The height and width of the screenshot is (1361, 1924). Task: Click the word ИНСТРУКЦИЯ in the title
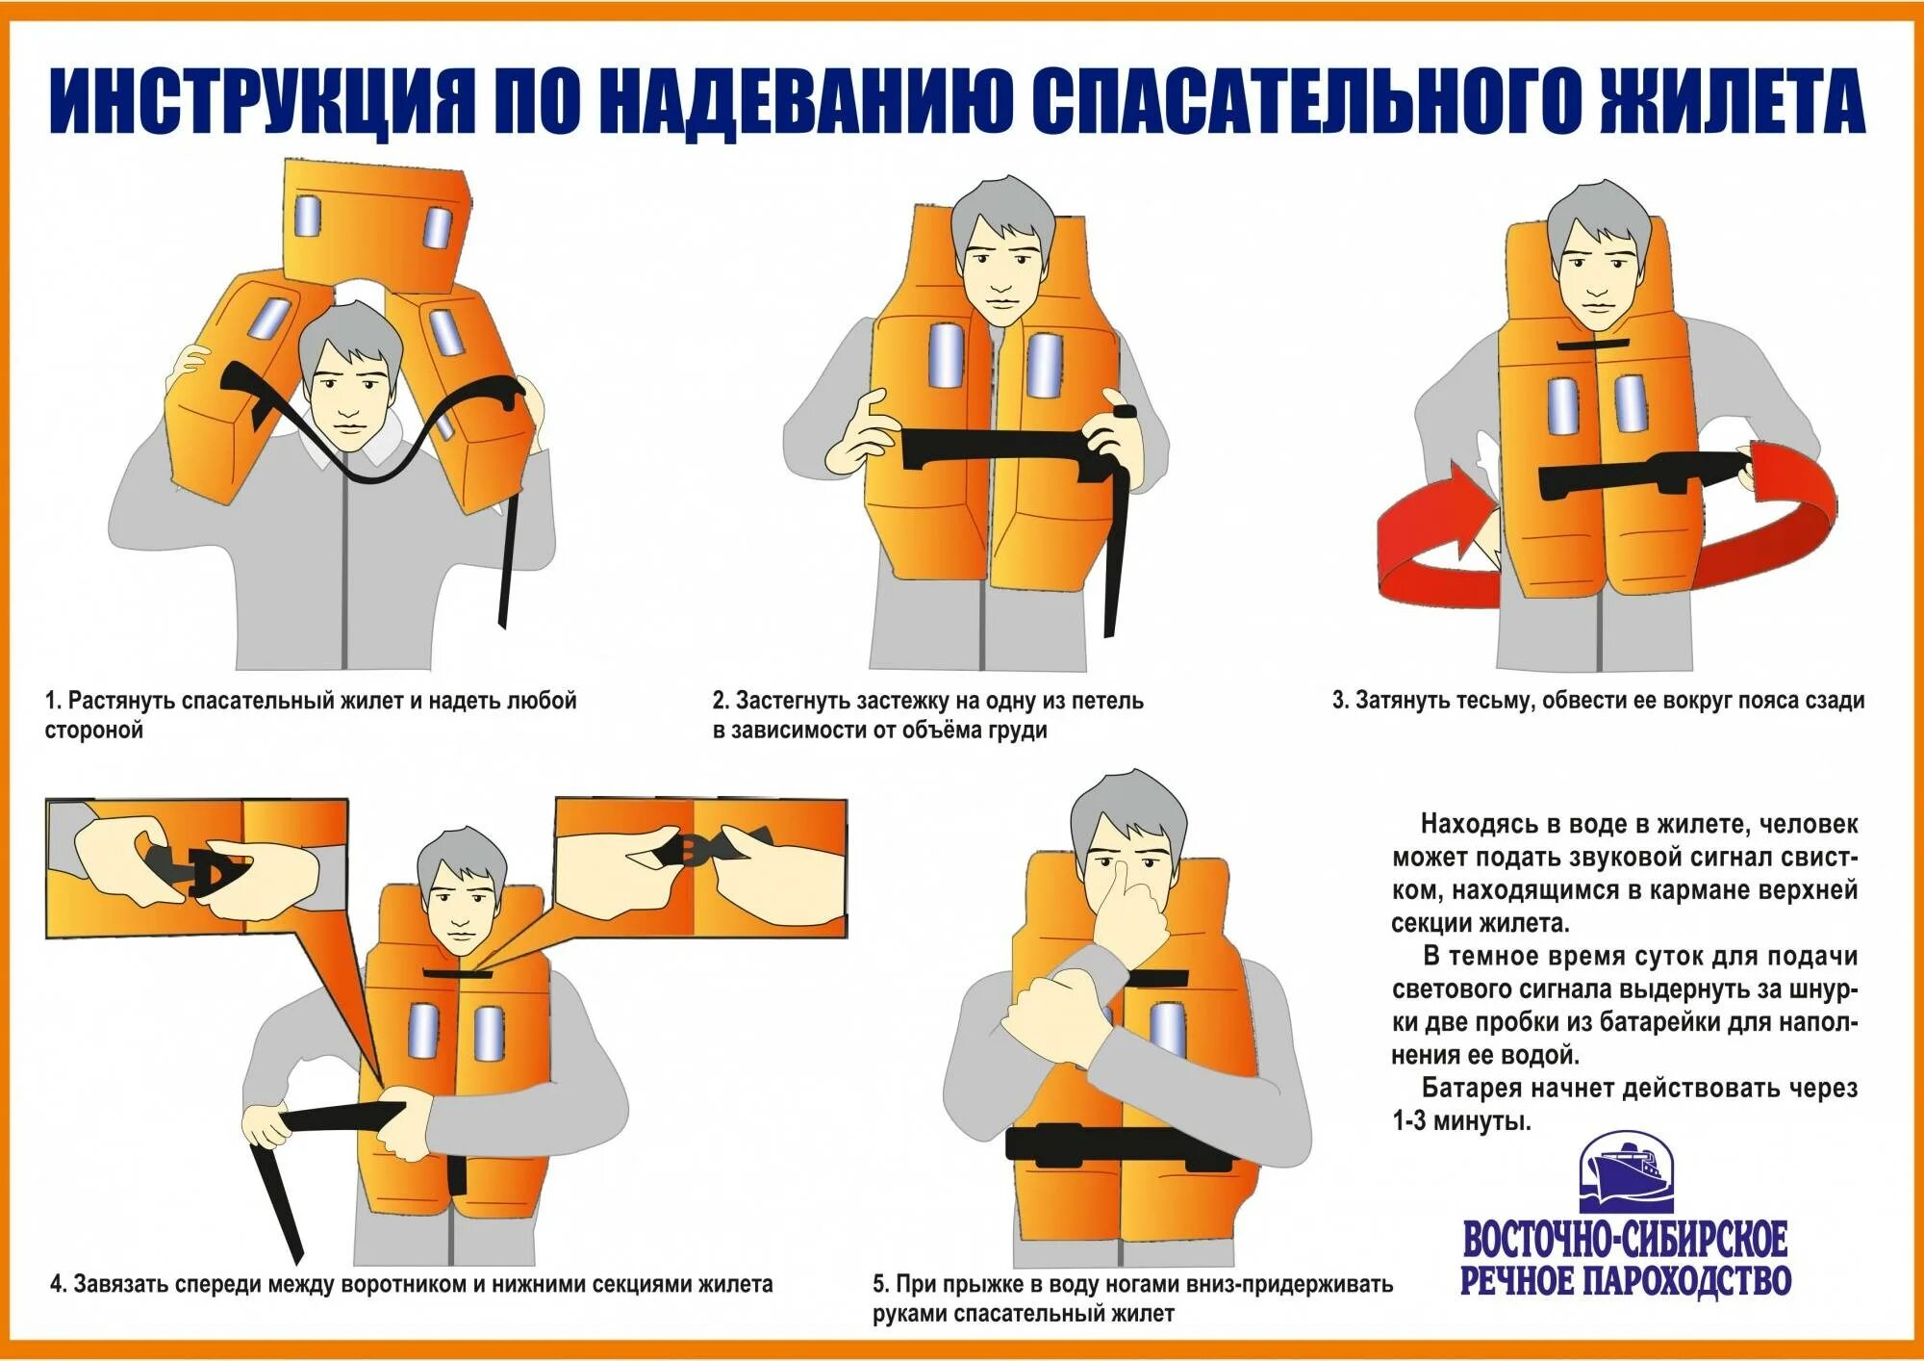pos(263,101)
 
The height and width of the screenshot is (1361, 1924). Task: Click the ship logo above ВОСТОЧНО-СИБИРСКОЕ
pos(1626,1171)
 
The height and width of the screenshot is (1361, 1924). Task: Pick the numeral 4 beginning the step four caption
pos(57,1284)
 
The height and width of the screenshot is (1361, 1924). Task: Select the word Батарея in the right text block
pos(1471,1089)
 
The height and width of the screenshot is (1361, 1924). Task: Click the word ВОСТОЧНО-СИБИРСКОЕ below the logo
pos(1625,1239)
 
